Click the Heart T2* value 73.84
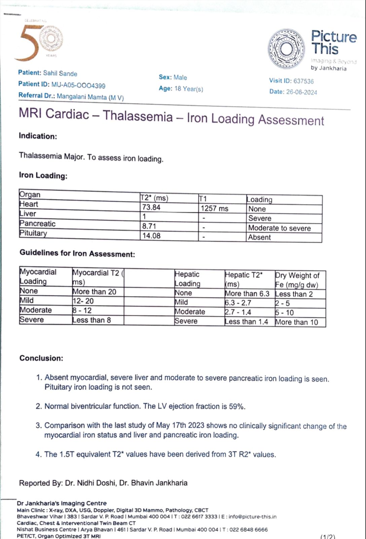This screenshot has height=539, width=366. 151,207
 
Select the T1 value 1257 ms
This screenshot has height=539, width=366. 214,209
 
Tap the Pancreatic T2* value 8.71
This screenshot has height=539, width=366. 149,226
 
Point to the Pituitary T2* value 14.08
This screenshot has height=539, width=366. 151,236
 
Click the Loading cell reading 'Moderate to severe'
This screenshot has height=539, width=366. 279,228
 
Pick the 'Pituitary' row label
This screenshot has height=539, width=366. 33,233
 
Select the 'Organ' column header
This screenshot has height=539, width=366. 30,194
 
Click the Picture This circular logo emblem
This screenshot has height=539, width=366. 286,49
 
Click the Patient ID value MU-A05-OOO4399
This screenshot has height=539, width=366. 78,85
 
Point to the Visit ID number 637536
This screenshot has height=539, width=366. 303,81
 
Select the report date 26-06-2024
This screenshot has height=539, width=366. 301,92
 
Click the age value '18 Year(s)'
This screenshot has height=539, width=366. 189,89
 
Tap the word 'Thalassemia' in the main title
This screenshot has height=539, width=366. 138,116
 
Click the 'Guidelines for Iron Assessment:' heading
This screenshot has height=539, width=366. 77,254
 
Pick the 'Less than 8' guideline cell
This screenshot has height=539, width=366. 91,320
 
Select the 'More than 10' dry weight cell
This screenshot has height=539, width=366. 296,322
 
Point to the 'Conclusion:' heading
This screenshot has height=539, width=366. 41,358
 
